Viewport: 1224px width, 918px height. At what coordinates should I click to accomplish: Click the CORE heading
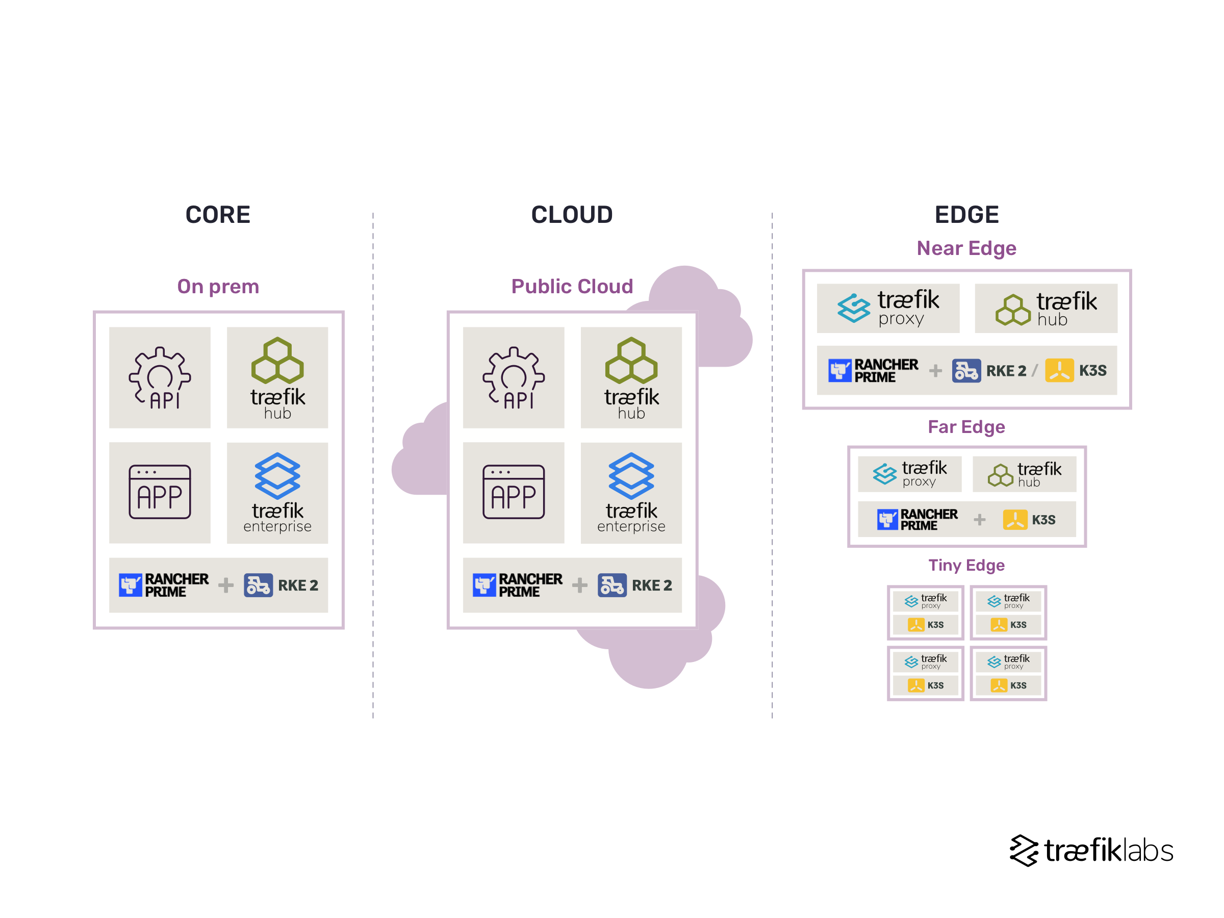coord(217,215)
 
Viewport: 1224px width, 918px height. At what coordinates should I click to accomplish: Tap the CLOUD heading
coord(572,215)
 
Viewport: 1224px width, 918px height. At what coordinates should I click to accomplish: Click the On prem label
coord(218,286)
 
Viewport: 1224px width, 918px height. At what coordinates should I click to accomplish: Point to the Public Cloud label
coord(572,286)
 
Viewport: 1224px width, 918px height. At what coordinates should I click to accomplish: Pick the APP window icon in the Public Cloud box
coord(514,492)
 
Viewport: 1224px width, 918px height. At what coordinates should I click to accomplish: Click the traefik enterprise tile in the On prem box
coord(277,493)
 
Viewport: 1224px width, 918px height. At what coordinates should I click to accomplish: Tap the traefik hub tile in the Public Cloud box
coord(631,377)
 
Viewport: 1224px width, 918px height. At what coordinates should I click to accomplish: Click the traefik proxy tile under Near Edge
coord(887,308)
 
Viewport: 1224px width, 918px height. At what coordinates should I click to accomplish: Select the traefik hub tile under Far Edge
coord(1024,474)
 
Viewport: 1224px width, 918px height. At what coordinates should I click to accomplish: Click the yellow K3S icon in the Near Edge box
coord(1059,370)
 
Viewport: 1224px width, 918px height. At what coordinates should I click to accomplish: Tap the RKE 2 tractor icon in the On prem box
coord(258,585)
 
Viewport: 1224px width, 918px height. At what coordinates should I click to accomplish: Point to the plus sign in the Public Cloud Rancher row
coord(579,585)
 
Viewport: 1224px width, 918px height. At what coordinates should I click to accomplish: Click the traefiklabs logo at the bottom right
coord(1091,850)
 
